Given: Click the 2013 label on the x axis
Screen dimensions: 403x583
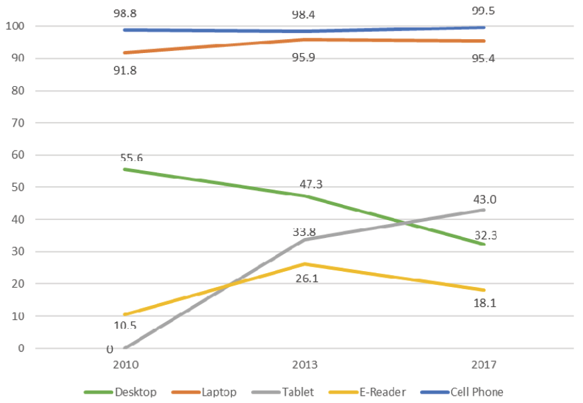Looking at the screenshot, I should [x=304, y=365].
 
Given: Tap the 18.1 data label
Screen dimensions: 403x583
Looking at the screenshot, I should [x=484, y=304].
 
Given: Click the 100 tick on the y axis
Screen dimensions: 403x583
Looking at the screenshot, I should [x=15, y=27].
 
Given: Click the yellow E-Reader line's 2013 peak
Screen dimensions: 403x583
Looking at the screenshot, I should [x=304, y=264].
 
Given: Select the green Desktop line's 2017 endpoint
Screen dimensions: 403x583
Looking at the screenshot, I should [x=484, y=244].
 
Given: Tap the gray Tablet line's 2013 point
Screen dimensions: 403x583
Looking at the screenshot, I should [x=304, y=239].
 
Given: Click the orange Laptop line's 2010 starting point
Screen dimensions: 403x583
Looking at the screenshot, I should [x=124, y=52].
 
